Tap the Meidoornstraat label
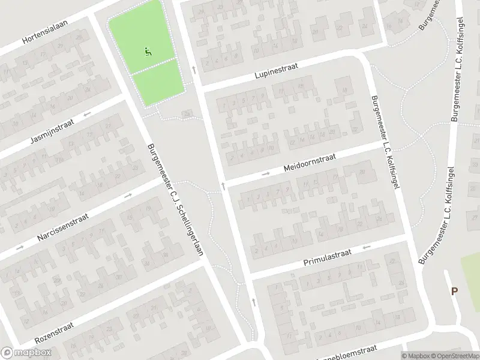tap(310, 163)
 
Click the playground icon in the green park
tap(148, 52)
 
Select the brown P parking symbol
tap(454, 292)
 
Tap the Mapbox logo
tap(26, 353)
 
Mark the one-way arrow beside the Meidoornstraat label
tap(266, 175)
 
